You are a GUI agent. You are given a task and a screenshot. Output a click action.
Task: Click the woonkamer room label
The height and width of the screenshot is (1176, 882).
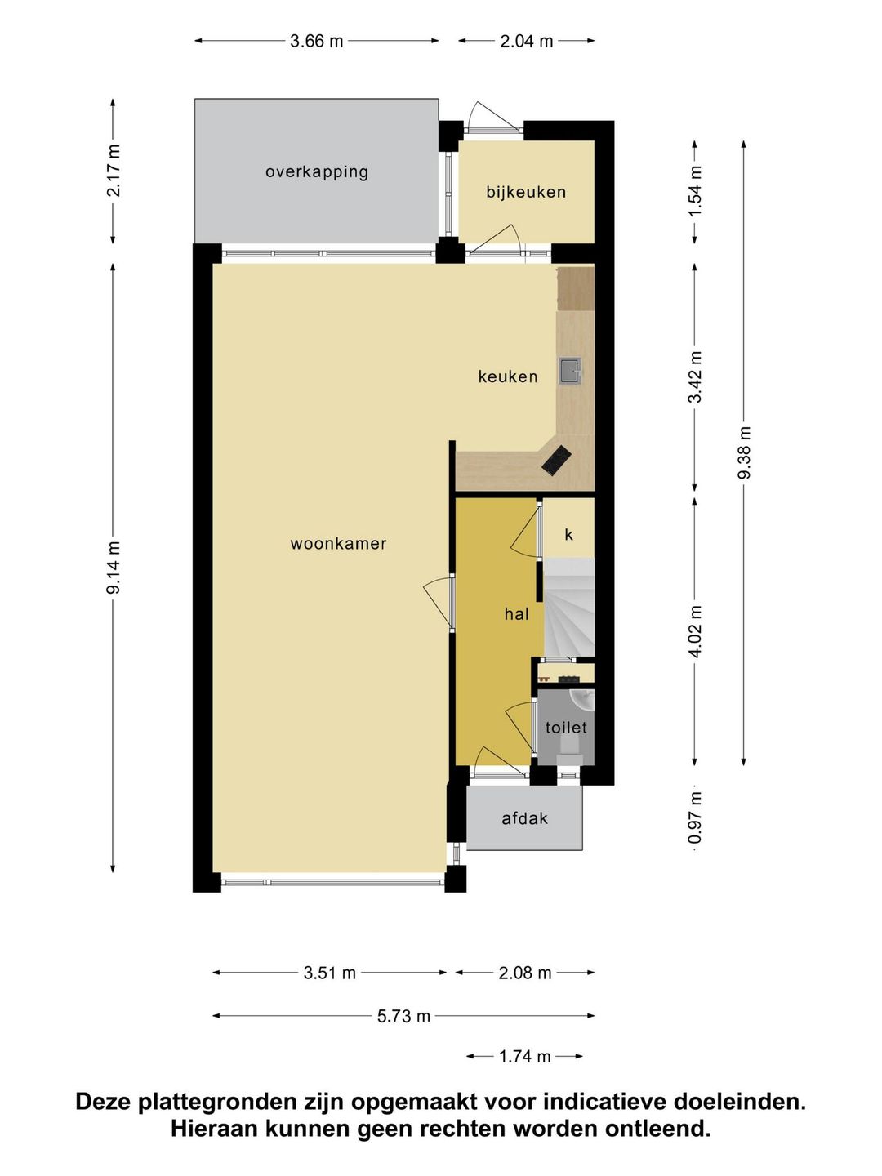[x=338, y=544]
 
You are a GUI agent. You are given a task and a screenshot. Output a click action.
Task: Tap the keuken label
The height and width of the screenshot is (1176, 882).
[x=508, y=376]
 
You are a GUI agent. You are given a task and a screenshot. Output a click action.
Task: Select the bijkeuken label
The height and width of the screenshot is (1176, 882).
[x=526, y=192]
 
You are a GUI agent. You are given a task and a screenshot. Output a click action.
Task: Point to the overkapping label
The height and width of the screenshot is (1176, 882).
[x=317, y=172]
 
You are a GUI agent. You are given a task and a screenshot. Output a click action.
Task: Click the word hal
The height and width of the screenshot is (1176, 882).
[x=517, y=614]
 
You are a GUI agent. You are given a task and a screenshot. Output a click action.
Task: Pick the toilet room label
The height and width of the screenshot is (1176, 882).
[x=566, y=728]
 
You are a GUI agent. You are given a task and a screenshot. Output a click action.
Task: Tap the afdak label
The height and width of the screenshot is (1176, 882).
[x=525, y=818]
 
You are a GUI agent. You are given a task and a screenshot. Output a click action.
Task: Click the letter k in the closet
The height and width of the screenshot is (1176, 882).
[x=568, y=534]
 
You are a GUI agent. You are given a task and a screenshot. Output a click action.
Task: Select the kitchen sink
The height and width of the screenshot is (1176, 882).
[x=571, y=371]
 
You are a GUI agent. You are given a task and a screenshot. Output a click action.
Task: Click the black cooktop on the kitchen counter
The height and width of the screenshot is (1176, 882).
[x=556, y=460]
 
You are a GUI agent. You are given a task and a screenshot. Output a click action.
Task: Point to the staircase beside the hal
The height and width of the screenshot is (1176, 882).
[x=569, y=608]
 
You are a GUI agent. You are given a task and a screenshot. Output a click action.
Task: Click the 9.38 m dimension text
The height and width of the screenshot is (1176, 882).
[x=744, y=453]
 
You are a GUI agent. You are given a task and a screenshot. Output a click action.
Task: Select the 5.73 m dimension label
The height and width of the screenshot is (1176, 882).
[x=403, y=1016]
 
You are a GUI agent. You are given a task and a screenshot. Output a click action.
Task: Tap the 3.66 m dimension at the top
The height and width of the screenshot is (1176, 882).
[x=317, y=42]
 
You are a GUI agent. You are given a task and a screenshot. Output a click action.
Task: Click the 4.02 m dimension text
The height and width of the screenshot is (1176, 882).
[x=695, y=631]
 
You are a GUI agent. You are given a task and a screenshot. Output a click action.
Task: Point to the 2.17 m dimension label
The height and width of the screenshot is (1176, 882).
[x=114, y=171]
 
